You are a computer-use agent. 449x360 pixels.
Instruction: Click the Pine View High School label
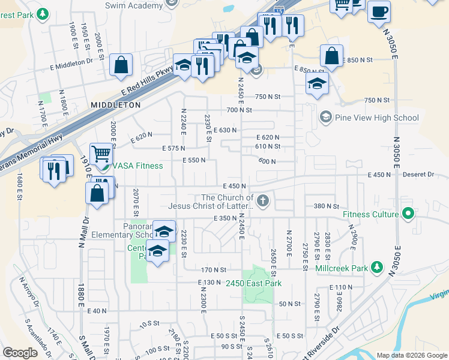point(377,118)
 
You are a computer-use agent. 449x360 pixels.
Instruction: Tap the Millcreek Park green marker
point(377,267)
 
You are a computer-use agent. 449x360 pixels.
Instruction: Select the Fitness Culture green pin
point(408,214)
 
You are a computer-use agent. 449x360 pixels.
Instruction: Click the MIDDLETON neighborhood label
point(116,104)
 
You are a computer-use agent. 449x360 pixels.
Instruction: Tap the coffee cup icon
point(379,12)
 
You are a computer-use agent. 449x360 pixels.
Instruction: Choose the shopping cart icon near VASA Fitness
point(101,154)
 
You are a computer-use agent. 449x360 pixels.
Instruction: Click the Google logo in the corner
point(20,353)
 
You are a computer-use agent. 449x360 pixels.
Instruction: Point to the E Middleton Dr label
point(73,61)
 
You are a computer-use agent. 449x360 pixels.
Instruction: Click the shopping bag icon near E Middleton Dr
point(121,65)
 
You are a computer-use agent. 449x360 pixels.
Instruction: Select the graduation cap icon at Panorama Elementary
point(164,231)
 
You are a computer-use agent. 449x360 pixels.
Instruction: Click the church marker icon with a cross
point(262,200)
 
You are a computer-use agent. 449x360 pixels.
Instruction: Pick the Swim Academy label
point(133,5)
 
